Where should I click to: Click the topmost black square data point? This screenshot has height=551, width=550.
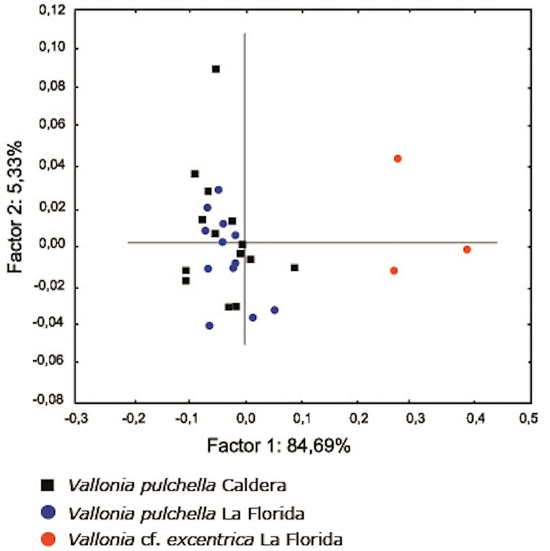pyautogui.click(x=216, y=69)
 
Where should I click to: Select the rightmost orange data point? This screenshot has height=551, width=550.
pyautogui.click(x=467, y=250)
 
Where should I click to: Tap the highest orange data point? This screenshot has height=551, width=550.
pyautogui.click(x=398, y=159)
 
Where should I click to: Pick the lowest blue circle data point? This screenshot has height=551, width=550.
pyautogui.click(x=209, y=326)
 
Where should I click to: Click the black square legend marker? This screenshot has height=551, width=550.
pyautogui.click(x=49, y=485)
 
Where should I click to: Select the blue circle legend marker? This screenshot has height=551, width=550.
pyautogui.click(x=49, y=513)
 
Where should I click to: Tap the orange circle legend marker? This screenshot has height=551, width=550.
pyautogui.click(x=49, y=539)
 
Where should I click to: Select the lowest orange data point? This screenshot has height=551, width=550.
pyautogui.click(x=393, y=271)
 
